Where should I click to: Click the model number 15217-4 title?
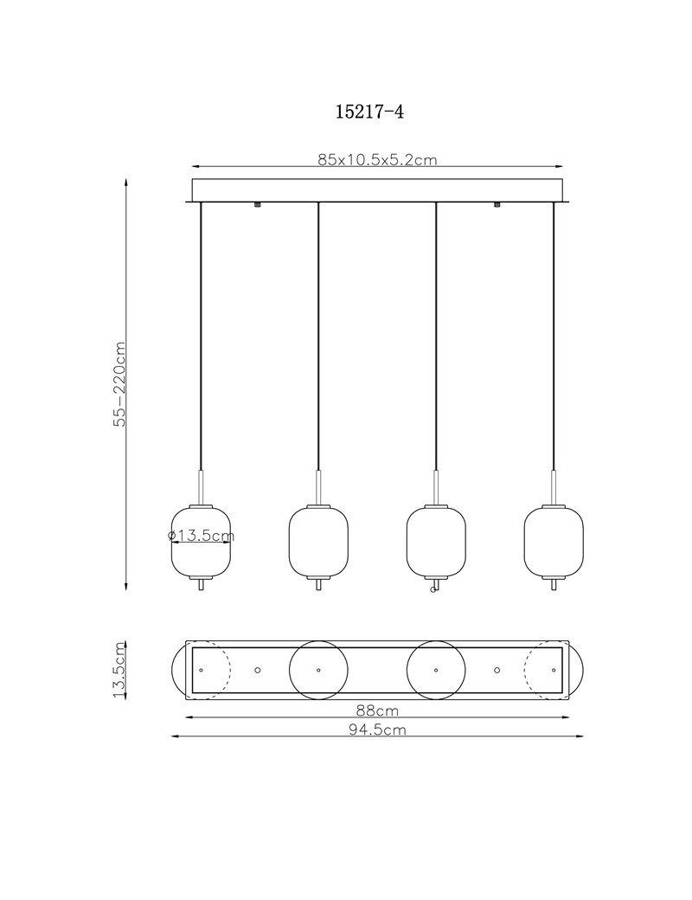tap(369, 112)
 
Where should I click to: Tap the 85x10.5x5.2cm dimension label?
tap(377, 159)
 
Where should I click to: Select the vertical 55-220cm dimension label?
tap(119, 384)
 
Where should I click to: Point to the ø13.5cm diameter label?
tap(202, 536)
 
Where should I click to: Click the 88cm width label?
tap(377, 710)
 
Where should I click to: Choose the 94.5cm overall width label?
tap(377, 730)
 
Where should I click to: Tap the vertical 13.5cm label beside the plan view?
tap(119, 670)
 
